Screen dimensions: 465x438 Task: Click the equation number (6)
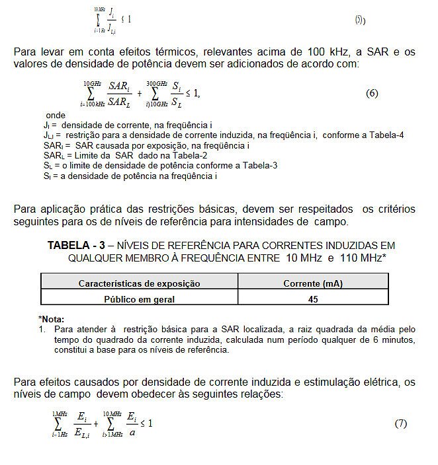372,93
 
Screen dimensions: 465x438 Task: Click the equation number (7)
401,423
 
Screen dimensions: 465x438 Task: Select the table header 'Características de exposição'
140,284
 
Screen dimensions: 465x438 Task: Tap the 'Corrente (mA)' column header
313,284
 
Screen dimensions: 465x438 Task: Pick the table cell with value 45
313,299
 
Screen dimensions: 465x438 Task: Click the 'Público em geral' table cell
140,299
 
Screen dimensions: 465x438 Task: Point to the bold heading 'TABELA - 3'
76,245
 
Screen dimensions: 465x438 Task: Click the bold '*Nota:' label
52,319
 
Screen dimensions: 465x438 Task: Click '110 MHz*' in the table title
363,258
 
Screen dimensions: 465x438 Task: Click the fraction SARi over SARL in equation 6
119,93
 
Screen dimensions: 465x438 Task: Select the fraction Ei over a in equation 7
132,423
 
